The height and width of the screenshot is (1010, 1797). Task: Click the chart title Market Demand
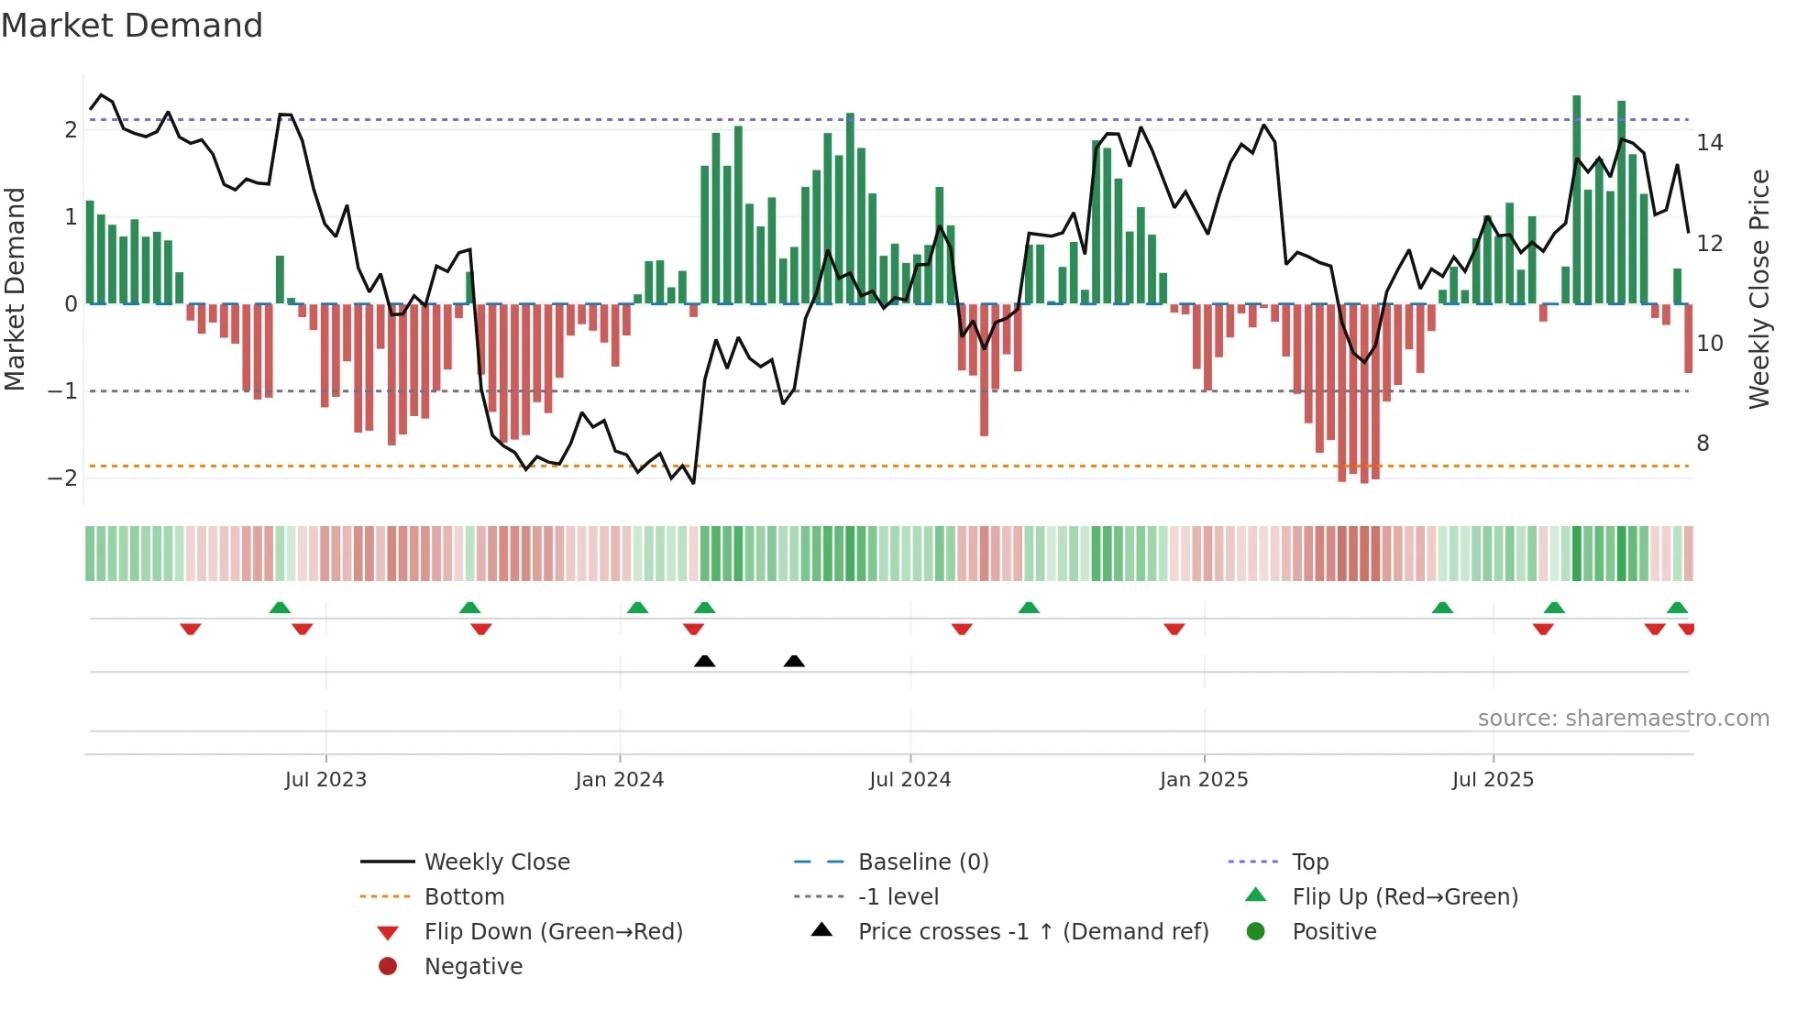(132, 26)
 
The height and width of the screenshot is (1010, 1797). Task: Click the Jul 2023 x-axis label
(325, 780)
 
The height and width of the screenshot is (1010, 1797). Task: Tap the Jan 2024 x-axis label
(619, 780)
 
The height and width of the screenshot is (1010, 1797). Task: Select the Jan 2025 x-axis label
(1203, 780)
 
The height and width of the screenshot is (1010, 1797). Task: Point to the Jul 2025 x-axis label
(1493, 780)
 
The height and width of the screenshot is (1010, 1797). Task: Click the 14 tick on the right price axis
(1709, 143)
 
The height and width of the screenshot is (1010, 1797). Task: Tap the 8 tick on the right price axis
(1703, 444)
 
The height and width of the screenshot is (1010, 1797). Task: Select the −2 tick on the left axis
(62, 478)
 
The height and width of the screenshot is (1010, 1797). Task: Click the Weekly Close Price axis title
(1758, 289)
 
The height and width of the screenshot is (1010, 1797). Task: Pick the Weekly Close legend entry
(496, 862)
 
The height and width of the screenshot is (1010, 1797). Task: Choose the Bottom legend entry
(464, 897)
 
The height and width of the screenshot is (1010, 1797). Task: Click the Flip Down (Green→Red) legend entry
(553, 932)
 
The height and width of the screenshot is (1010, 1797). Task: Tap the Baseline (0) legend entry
(922, 862)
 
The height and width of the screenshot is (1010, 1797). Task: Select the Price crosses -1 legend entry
(1032, 932)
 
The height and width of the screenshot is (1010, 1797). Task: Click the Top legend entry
(1309, 862)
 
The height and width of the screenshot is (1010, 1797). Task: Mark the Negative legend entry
(473, 967)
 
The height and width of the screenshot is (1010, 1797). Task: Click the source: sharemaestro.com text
(1623, 719)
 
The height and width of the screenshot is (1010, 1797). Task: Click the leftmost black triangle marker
(704, 661)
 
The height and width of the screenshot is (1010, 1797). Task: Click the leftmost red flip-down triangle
(191, 629)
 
